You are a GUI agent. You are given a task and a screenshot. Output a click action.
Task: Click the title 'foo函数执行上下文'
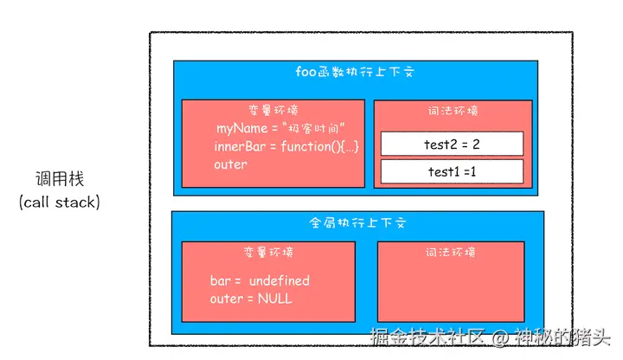point(357,74)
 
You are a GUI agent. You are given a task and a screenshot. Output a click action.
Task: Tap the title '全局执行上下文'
point(357,222)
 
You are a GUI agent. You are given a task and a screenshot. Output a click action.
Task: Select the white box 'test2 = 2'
point(452,144)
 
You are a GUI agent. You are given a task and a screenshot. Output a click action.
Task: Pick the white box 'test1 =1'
point(452,171)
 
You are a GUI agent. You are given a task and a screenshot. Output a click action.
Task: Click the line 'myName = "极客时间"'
point(281,128)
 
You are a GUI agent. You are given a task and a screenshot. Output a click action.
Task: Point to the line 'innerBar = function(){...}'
point(286,146)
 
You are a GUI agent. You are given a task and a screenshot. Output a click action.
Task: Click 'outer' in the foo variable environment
point(230,164)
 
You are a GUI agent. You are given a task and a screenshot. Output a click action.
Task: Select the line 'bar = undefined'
point(260,281)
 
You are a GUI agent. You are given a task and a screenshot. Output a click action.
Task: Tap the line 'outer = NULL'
point(251,299)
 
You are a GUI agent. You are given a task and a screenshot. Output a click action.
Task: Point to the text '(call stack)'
point(59,202)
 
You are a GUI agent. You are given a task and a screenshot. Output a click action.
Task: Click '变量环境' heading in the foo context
point(272,111)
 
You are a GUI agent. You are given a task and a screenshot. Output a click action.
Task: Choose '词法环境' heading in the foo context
point(453,111)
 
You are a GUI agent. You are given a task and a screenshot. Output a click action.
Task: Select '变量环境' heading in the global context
point(268,253)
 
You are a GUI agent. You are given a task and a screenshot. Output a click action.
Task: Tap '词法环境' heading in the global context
point(450,253)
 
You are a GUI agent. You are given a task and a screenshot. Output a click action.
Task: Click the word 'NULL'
point(275,299)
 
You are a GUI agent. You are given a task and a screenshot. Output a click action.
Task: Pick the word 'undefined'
point(279,281)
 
